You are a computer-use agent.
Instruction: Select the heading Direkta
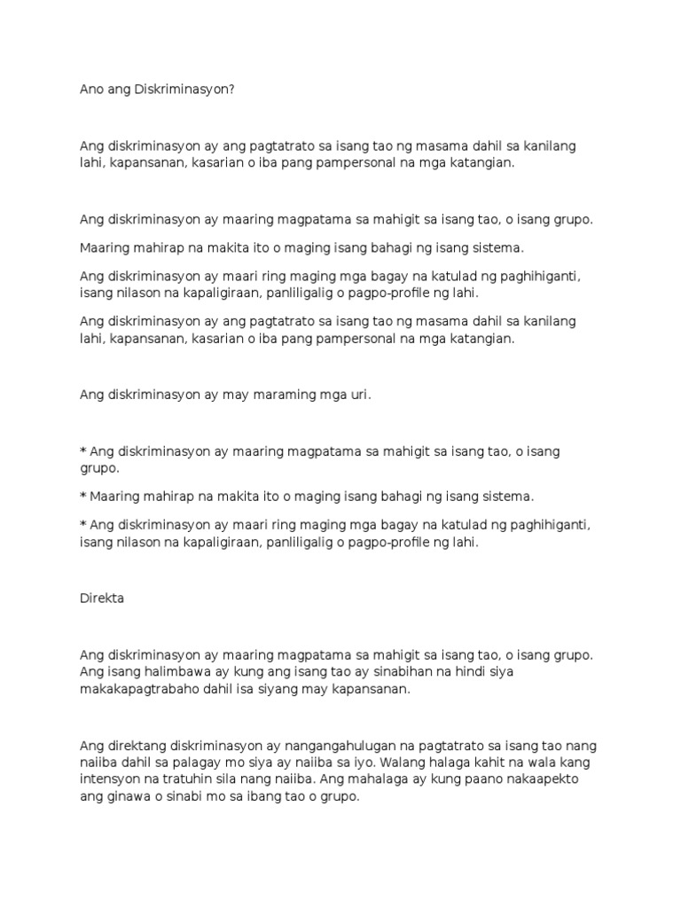(x=102, y=598)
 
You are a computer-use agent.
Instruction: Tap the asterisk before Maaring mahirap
(x=83, y=497)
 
